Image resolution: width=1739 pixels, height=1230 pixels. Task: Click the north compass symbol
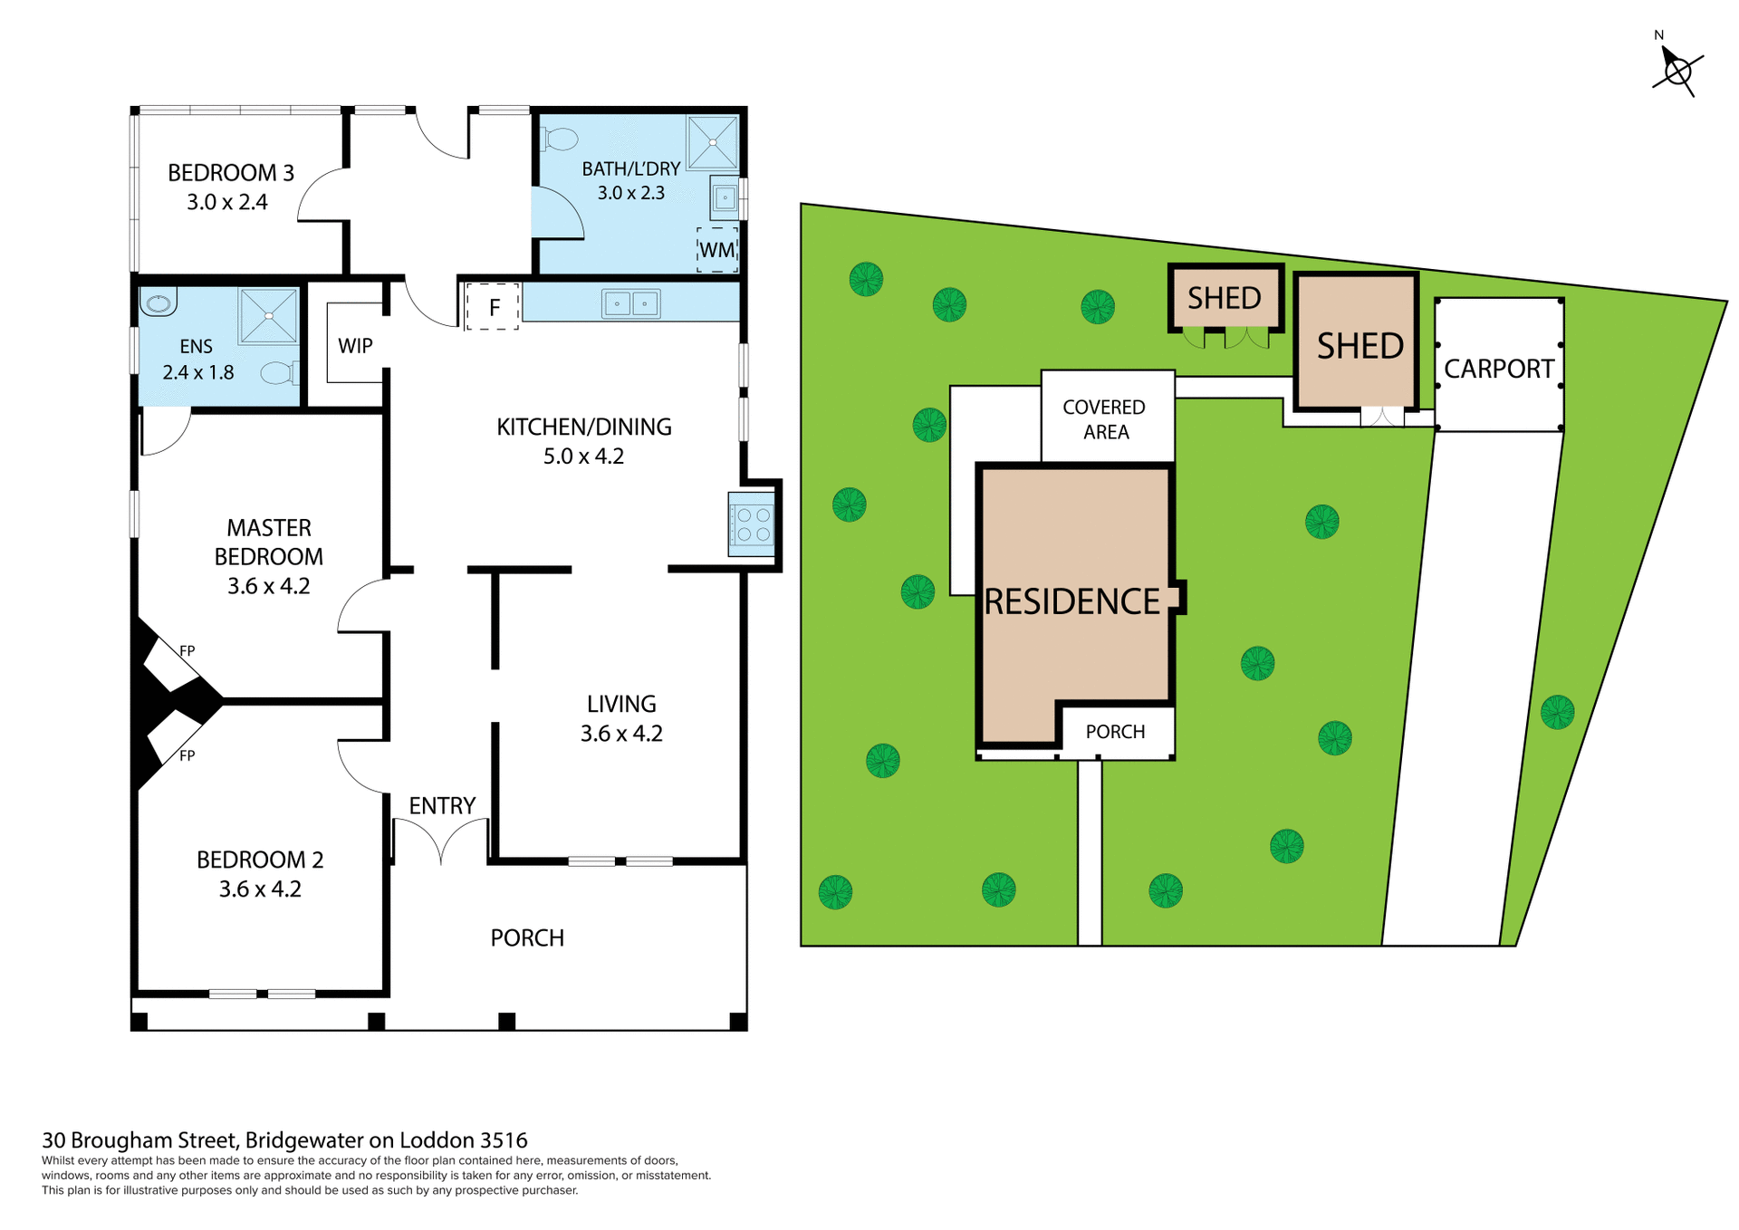[1677, 70]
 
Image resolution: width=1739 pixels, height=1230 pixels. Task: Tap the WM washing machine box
[717, 249]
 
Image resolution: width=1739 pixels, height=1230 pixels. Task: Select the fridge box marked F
[493, 306]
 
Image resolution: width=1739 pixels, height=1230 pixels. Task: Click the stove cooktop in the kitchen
[752, 524]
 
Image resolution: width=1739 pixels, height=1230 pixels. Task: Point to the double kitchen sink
[631, 303]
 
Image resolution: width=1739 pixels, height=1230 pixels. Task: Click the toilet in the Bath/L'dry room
[560, 139]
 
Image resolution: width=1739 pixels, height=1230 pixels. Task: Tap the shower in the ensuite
[269, 316]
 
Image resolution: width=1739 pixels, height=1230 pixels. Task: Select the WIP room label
[355, 345]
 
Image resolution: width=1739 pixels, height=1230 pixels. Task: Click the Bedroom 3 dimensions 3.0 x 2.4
[227, 202]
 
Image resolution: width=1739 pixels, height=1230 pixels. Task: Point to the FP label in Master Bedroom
[187, 650]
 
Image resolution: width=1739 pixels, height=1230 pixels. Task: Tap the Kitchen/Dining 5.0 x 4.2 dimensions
[583, 456]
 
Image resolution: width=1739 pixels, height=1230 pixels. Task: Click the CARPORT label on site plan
[1498, 369]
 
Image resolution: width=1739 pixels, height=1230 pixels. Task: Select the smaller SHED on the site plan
[1225, 298]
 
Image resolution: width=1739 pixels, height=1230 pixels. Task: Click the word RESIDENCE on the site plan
[1071, 601]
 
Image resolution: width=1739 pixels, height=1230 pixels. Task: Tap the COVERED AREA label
[1104, 419]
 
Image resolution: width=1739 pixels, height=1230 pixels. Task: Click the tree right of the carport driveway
[1557, 712]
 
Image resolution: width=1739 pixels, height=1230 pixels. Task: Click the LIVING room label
[621, 704]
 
